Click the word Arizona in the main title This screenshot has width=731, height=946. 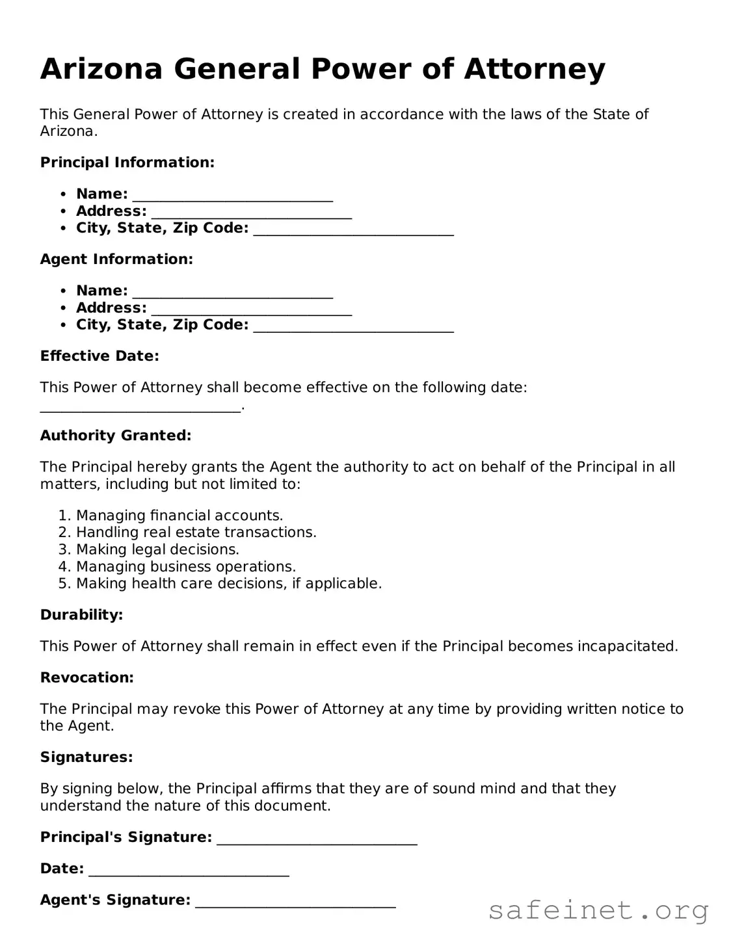[x=101, y=69]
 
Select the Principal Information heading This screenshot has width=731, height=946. [x=127, y=163]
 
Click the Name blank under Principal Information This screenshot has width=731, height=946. [x=232, y=195]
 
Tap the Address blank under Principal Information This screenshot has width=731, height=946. [x=251, y=212]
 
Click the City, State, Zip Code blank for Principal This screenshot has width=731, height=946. [x=353, y=229]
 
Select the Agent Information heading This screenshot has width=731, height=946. [x=116, y=259]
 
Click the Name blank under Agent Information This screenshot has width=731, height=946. [x=232, y=292]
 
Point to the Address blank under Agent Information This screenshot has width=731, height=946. [x=251, y=309]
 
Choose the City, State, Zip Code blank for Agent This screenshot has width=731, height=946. [x=353, y=326]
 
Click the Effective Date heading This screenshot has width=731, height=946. [x=100, y=356]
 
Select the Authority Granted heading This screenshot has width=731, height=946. [x=116, y=436]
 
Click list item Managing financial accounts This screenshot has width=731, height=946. [x=179, y=516]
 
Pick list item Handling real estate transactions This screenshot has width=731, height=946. [x=196, y=532]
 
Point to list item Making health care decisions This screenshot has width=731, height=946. [x=228, y=583]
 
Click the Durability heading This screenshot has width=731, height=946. [x=81, y=615]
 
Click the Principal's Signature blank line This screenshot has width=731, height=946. [x=317, y=839]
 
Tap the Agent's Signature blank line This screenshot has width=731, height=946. [x=295, y=901]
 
